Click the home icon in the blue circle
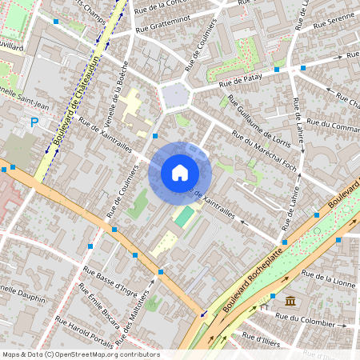[180, 173]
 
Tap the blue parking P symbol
[34, 122]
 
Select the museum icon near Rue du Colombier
[288, 300]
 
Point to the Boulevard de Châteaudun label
[78, 105]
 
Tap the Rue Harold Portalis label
[84, 330]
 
